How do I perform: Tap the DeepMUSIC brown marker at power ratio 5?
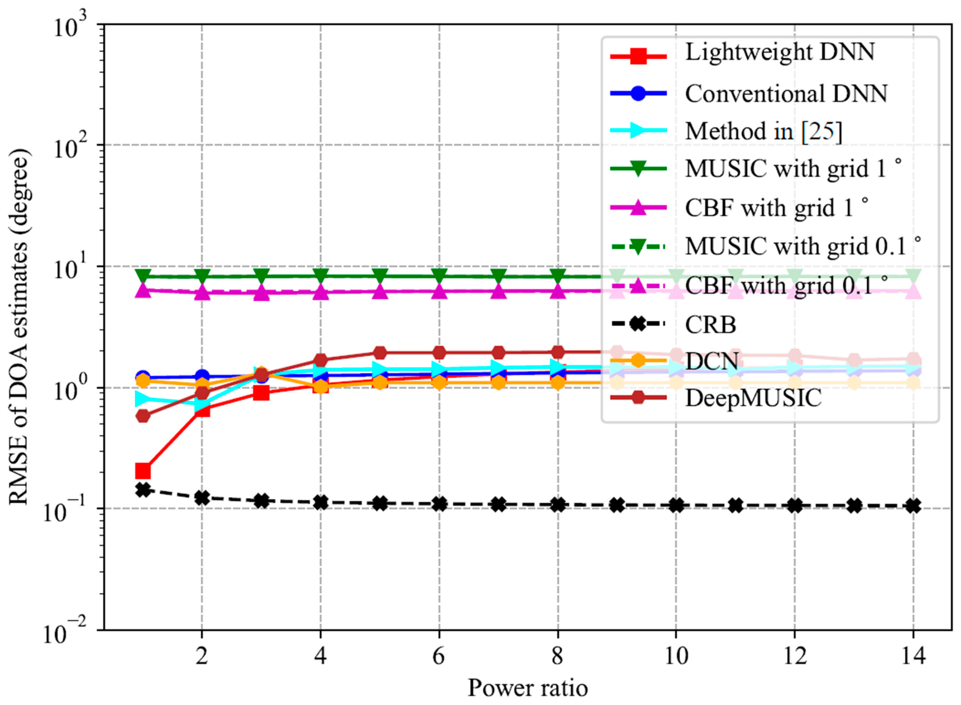click(x=380, y=353)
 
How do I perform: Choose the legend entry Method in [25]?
click(x=764, y=131)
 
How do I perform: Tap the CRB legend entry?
click(x=711, y=325)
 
